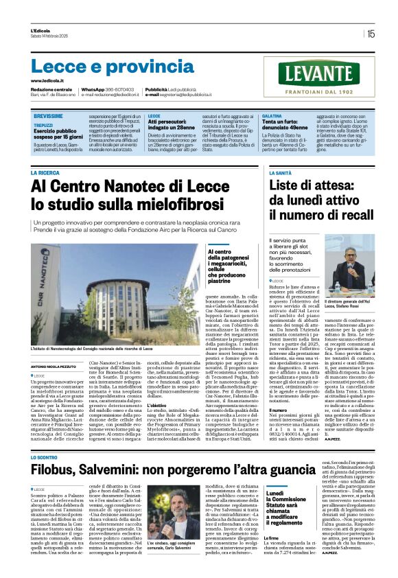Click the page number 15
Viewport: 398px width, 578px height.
[371, 33]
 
